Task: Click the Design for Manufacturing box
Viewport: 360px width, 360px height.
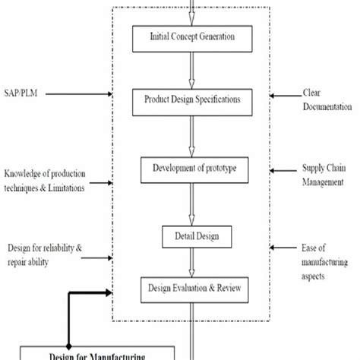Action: tap(84, 353)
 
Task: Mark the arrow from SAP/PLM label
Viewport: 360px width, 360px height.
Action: tap(84, 95)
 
